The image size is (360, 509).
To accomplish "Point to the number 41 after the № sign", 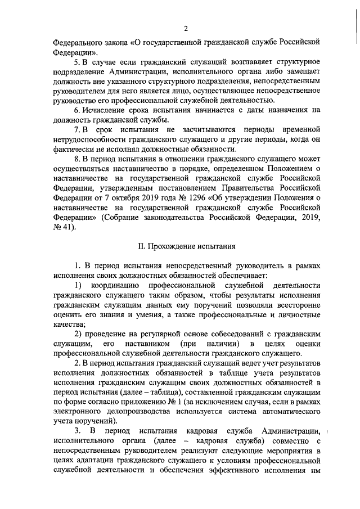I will coord(67,227).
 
